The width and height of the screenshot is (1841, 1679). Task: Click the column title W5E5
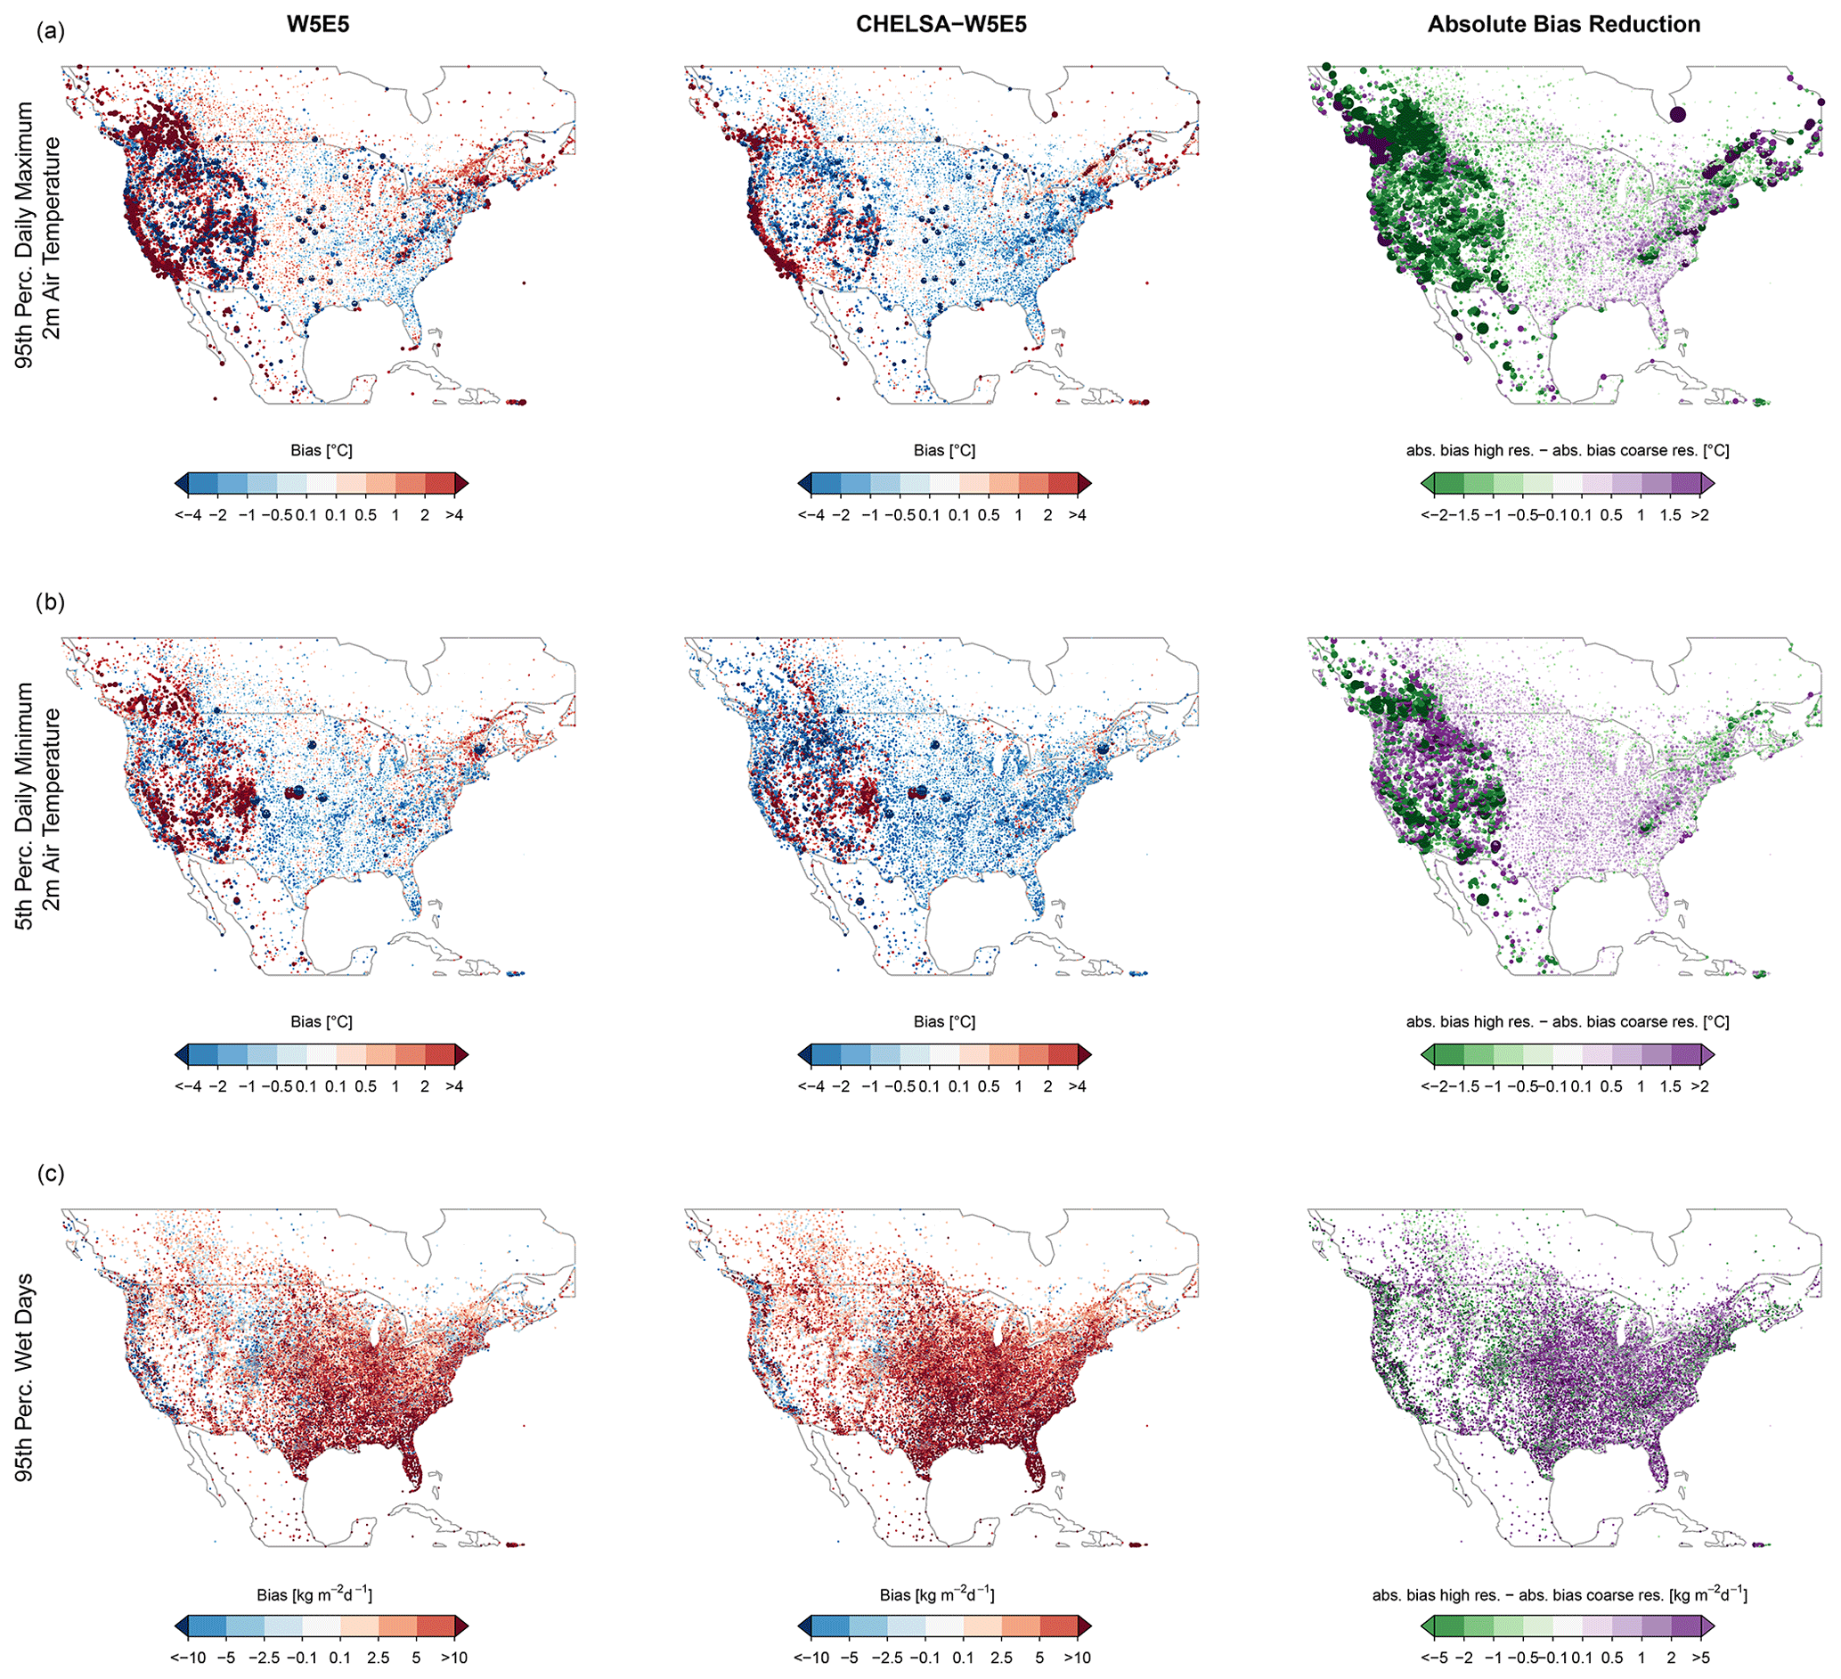coord(318,25)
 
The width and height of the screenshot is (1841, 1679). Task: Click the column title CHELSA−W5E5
coord(941,25)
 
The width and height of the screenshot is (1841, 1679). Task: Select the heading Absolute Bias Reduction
coord(1563,25)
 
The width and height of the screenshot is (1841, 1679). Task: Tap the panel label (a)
coord(51,32)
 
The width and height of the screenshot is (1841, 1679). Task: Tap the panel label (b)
coord(51,603)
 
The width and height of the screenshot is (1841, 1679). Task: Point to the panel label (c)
coord(51,1174)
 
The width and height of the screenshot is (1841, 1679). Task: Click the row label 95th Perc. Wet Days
coord(25,1377)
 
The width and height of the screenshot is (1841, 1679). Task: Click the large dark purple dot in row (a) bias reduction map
coord(1677,114)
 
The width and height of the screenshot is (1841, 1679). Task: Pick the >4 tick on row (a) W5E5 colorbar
coord(454,515)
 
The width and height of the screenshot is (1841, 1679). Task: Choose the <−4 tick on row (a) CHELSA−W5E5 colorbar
coord(811,515)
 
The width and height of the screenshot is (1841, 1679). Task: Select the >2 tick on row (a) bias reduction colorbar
coord(1699,515)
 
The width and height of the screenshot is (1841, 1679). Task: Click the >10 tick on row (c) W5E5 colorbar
coord(454,1658)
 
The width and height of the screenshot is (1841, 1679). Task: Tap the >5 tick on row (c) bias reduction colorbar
coord(1699,1658)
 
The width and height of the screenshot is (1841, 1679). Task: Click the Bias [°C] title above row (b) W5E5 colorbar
coord(322,1021)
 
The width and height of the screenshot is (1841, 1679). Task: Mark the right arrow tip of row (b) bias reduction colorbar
coord(1713,1055)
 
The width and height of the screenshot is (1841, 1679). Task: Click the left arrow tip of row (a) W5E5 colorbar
coord(176,483)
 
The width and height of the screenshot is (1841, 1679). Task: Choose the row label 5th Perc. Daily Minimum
coord(25,806)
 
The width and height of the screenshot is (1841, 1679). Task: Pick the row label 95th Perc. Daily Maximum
coord(25,233)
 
